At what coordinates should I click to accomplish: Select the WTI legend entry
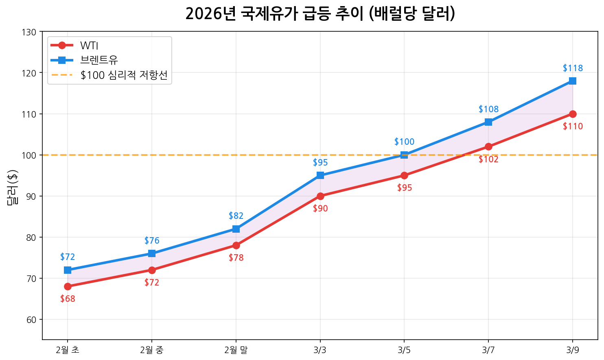pos(89,45)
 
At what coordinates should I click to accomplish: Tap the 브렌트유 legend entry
pos(99,60)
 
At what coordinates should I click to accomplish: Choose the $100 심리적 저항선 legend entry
pos(124,75)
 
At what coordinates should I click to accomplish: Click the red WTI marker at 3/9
pos(573,114)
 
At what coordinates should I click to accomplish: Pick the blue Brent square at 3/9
pos(573,81)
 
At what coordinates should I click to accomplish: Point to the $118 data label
pos(573,68)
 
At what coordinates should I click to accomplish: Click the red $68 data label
pos(68,299)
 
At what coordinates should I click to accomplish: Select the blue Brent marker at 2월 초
pos(68,270)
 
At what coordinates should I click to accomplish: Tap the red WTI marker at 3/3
pos(320,196)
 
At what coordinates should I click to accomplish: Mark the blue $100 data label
pos(404,142)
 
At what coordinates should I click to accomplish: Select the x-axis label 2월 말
pos(236,350)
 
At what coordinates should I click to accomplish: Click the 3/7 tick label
pos(488,350)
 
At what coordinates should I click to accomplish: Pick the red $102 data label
pos(488,159)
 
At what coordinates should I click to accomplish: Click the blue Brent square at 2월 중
pos(152,253)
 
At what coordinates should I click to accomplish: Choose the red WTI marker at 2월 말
pos(236,245)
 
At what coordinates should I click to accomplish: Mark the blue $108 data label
pos(488,109)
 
